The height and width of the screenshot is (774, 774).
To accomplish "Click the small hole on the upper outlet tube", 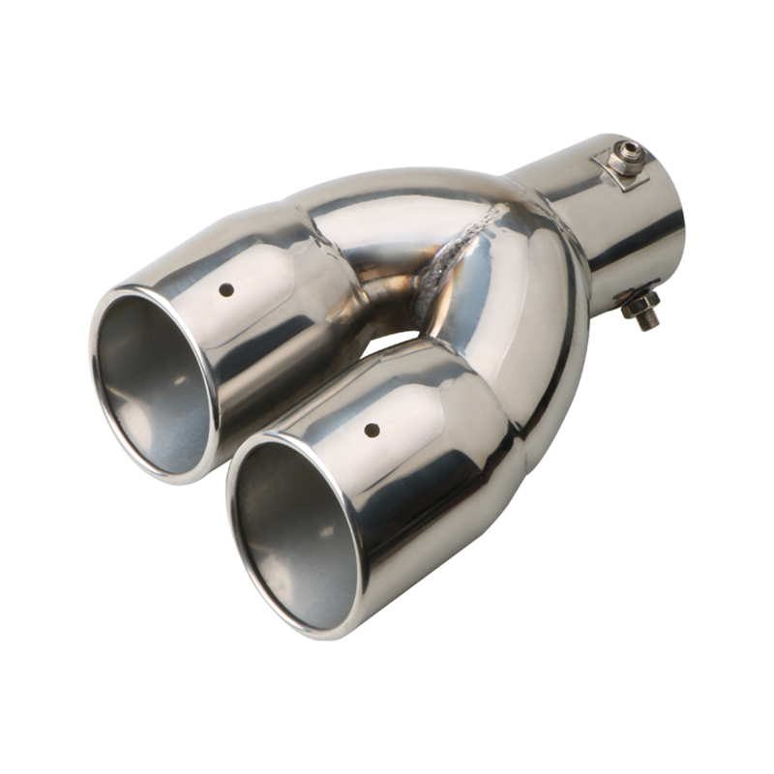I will click(226, 289).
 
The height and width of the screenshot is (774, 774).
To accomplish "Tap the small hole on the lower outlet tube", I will click(369, 429).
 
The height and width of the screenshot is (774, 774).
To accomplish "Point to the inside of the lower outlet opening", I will click(290, 527).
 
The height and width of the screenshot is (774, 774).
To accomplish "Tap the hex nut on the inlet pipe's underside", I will click(639, 306).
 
